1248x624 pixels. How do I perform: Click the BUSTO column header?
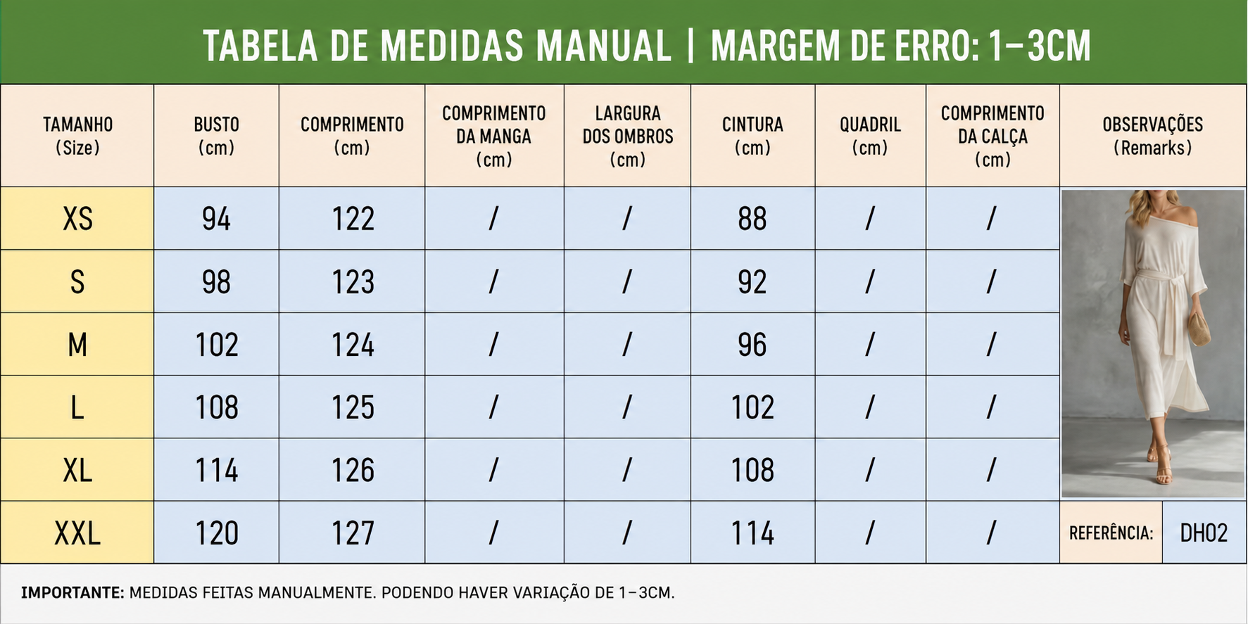216,136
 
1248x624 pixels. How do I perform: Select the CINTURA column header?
752,136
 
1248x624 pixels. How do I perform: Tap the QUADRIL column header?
870,136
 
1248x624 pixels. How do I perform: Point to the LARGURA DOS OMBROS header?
627,136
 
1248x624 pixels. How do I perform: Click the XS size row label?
77,219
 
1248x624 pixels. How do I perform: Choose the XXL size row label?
77,533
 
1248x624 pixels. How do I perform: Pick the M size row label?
77,345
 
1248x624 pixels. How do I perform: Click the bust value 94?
216,219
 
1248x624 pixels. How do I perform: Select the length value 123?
353,282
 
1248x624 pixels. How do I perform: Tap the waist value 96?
752,345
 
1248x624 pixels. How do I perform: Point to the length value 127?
353,533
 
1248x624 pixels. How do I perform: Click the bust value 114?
216,470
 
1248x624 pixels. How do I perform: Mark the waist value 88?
752,219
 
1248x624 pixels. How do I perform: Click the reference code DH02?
1204,533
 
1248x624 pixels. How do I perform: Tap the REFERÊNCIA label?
1111,533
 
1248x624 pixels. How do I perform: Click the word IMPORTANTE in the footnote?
73,592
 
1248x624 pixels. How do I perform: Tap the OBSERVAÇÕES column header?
1152,136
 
